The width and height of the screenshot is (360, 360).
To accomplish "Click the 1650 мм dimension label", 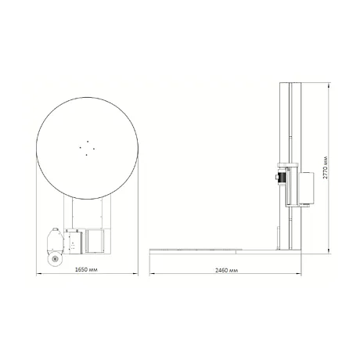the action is point(86,269).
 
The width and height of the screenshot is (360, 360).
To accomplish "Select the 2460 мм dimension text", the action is point(226,270).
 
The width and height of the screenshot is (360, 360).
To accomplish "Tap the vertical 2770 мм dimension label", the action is point(326,167).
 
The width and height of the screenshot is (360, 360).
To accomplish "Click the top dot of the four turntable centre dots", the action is point(88,141).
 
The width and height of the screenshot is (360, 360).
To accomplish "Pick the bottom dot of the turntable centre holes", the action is point(86,155).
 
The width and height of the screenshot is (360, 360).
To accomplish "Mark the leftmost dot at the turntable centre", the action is point(81,147).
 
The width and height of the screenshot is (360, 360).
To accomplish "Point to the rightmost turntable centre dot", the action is point(93,149).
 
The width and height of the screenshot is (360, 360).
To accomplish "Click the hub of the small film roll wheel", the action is point(55,259).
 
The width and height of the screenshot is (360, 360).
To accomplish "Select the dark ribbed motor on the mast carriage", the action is point(282,177).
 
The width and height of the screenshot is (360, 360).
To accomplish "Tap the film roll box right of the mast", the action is point(306,188).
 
